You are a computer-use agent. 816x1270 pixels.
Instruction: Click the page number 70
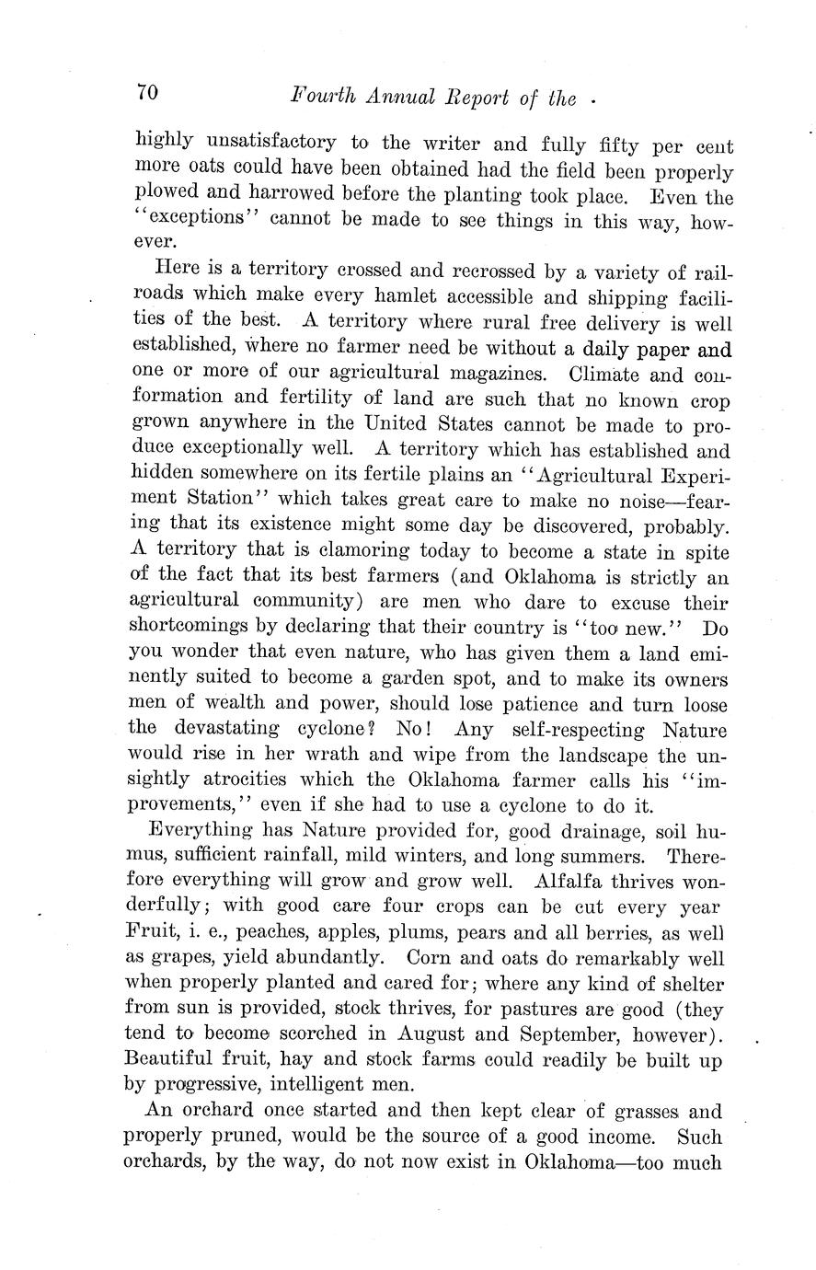point(148,92)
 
